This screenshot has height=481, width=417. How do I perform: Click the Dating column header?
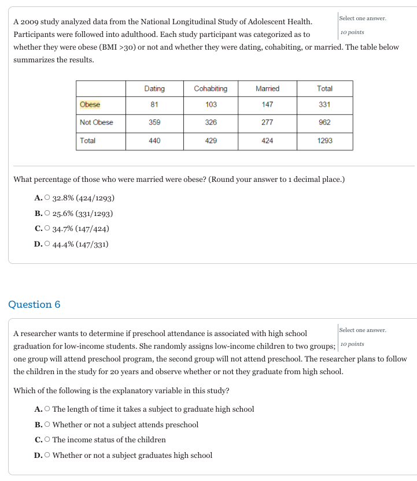point(154,88)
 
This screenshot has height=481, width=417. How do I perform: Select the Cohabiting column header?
point(211,88)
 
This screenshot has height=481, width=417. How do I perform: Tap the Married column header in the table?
point(267,88)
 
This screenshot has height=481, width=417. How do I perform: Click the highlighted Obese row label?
point(90,105)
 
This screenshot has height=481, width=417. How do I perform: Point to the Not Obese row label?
point(97,122)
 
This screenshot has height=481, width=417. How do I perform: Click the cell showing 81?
point(154,105)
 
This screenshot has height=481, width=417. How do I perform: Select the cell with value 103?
point(211,105)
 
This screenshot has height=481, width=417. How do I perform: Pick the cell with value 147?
point(267,105)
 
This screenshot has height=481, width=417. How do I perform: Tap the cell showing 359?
point(154,122)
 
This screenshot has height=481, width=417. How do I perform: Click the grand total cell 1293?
point(325,140)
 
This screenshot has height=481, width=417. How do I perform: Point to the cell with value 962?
point(325,122)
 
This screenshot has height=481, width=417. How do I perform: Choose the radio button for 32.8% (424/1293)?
point(47,199)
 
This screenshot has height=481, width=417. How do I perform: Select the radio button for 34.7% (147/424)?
point(47,229)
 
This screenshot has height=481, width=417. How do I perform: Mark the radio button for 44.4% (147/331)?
point(47,244)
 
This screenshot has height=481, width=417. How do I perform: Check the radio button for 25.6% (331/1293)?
point(47,214)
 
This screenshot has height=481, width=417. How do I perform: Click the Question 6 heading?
point(34,304)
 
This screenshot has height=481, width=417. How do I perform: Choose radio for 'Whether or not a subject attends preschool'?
point(47,425)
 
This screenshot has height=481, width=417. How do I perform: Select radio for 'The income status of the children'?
point(47,440)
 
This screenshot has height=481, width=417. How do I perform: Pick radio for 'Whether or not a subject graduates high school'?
point(47,456)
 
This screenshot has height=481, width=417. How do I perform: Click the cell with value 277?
point(267,122)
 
